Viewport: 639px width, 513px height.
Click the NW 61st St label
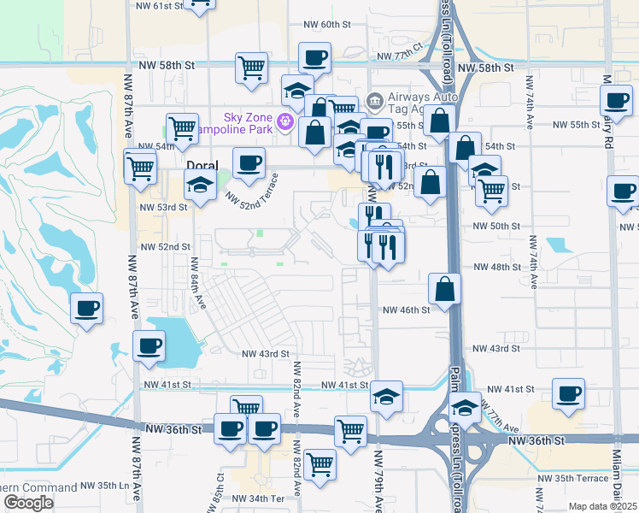[161, 6]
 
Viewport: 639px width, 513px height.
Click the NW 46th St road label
[406, 310]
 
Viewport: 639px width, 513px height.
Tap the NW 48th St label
[496, 267]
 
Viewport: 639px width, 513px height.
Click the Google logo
[28, 503]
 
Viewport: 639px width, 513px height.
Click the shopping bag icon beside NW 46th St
[445, 289]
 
